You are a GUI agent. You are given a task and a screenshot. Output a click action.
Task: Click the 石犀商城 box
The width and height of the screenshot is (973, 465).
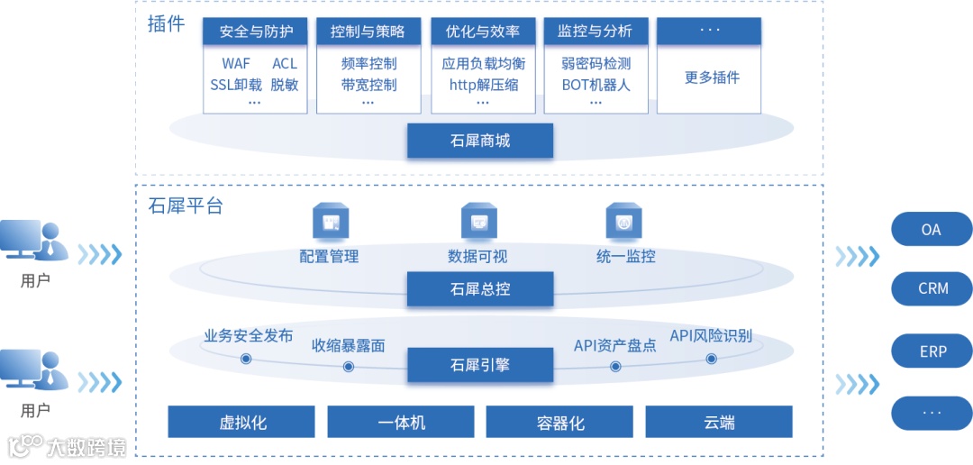479,141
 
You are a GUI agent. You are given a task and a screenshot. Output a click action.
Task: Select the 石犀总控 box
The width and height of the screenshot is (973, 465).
479,289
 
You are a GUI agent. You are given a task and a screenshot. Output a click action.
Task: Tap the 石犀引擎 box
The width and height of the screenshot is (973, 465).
479,365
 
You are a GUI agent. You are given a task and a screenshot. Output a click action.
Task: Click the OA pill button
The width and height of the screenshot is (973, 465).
932,230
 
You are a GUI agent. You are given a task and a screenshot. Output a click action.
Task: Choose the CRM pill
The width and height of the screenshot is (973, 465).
932,289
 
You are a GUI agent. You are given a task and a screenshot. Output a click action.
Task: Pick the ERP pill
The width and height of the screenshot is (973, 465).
932,351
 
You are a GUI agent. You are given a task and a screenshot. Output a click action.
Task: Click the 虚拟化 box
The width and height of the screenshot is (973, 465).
241,422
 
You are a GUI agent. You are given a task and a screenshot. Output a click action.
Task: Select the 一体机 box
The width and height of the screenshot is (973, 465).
401,422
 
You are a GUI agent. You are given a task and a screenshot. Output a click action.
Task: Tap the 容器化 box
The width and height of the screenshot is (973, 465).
559,422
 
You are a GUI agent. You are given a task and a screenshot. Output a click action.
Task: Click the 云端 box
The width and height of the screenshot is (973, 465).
719,422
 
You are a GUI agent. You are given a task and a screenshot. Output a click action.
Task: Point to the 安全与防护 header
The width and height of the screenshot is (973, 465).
256,32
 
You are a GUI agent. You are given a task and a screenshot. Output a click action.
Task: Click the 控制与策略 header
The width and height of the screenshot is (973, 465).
368,32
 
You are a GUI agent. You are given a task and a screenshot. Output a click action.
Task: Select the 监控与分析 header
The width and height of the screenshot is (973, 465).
596,32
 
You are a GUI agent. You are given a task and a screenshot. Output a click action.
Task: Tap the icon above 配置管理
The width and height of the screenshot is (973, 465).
330,221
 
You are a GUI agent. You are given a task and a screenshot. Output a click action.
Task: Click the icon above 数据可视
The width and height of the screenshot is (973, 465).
478,221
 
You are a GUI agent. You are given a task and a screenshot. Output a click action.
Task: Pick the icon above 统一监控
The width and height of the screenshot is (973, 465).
623,221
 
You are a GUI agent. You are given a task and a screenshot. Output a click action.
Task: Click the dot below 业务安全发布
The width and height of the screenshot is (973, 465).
246,359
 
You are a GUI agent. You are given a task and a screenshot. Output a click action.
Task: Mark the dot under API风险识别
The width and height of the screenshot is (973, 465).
711,359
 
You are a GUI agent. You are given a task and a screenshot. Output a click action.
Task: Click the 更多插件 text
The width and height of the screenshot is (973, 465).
712,77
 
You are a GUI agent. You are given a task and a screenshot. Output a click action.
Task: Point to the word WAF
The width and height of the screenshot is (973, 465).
236,64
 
